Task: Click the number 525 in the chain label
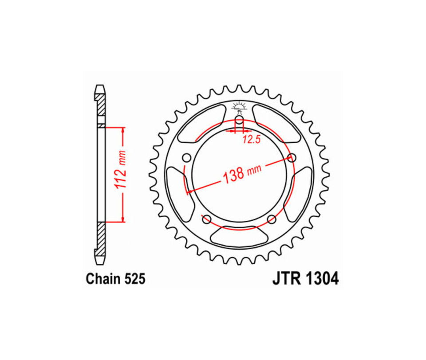pyautogui.click(x=133, y=279)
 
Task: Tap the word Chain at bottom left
pyautogui.click(x=103, y=279)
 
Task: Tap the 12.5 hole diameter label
pyautogui.click(x=251, y=140)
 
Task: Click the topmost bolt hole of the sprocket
pyautogui.click(x=239, y=121)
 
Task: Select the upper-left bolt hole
pyautogui.click(x=186, y=158)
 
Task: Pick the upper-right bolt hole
pyautogui.click(x=292, y=157)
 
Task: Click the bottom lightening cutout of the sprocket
pyautogui.click(x=239, y=235)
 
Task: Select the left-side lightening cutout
pyautogui.click(x=180, y=195)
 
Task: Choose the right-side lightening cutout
pyautogui.click(x=300, y=195)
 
